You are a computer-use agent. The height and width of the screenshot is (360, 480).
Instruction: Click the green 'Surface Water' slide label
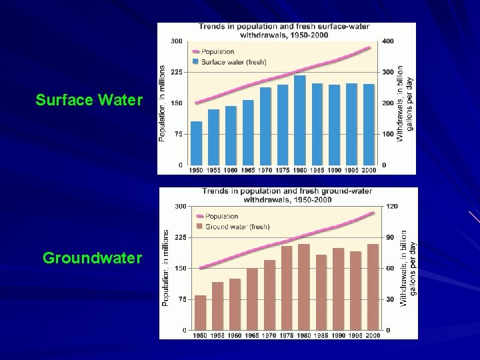[x=89, y=101]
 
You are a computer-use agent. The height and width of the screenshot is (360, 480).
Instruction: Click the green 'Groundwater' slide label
[x=92, y=257]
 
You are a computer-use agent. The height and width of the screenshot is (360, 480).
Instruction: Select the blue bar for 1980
[x=299, y=120]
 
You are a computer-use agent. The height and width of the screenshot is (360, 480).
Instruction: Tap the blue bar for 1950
[x=196, y=143]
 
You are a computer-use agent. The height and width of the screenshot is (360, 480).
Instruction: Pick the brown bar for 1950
[x=200, y=313]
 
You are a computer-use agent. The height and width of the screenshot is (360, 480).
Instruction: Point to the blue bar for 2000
[x=369, y=124]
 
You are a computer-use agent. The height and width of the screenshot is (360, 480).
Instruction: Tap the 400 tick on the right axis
[x=387, y=41]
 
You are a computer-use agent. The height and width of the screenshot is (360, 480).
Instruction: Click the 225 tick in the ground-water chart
[x=180, y=237]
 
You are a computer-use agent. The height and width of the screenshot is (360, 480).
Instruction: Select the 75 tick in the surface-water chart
[x=177, y=134]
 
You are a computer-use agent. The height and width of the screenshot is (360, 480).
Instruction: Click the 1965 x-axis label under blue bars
[x=247, y=171]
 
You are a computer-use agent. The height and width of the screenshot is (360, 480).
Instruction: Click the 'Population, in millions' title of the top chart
[x=162, y=103]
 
